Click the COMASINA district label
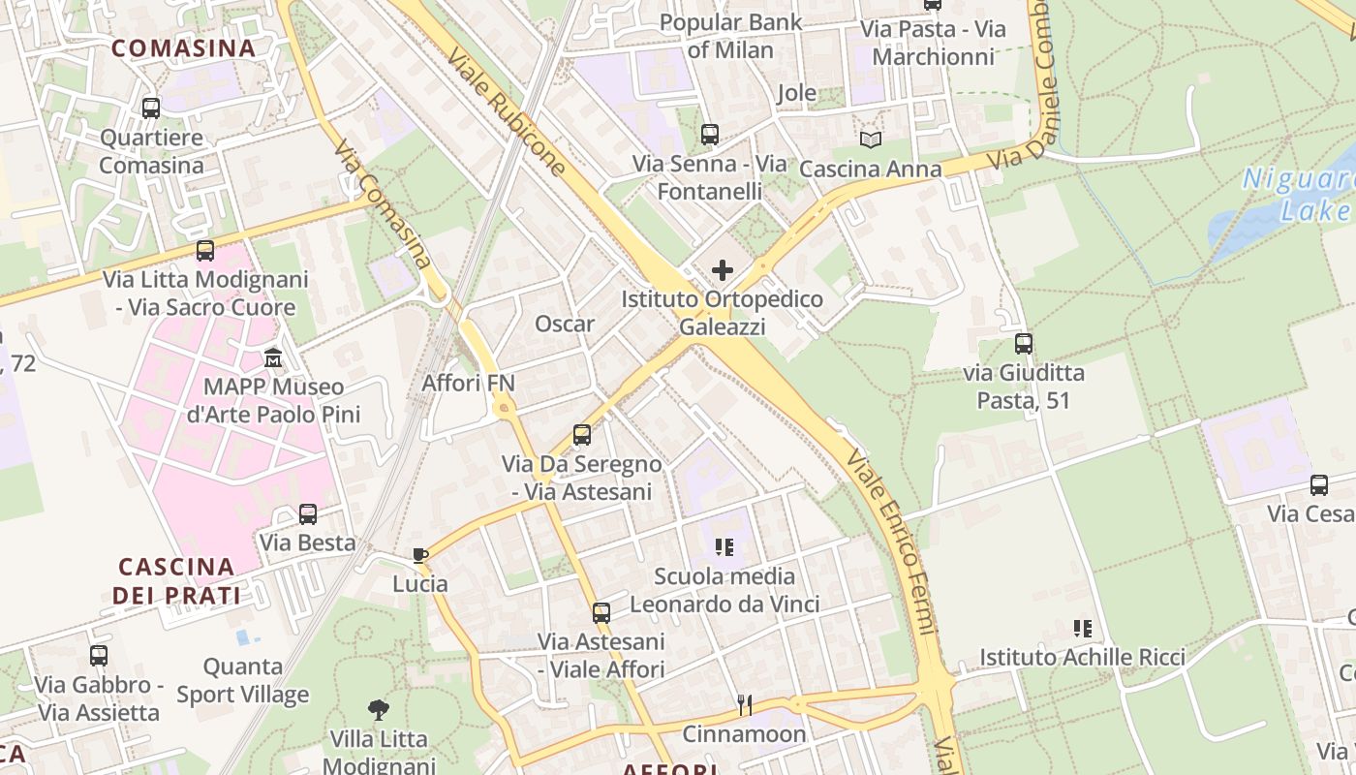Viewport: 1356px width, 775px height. click(x=183, y=47)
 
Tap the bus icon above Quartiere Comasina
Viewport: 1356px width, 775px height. click(x=151, y=108)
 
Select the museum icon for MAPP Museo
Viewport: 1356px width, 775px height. click(x=274, y=358)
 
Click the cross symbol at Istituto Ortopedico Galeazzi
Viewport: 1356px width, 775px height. click(x=723, y=270)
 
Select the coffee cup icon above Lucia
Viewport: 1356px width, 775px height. click(x=419, y=555)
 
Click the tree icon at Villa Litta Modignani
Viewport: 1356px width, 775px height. click(x=379, y=710)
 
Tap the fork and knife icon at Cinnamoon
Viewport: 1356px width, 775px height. click(x=744, y=704)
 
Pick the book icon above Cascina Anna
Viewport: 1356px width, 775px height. click(x=871, y=139)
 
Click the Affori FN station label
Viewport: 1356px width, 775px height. click(x=468, y=383)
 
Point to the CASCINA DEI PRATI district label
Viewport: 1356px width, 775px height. click(x=176, y=580)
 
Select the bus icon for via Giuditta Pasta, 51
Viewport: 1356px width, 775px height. click(x=1024, y=343)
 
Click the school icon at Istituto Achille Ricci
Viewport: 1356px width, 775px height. click(x=1083, y=629)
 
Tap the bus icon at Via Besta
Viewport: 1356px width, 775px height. click(x=308, y=513)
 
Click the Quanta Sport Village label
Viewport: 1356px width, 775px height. click(x=243, y=680)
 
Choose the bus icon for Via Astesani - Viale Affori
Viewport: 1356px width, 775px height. click(x=601, y=612)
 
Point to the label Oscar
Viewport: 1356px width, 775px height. click(x=565, y=324)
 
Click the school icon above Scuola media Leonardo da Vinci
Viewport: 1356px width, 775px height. click(x=724, y=547)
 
